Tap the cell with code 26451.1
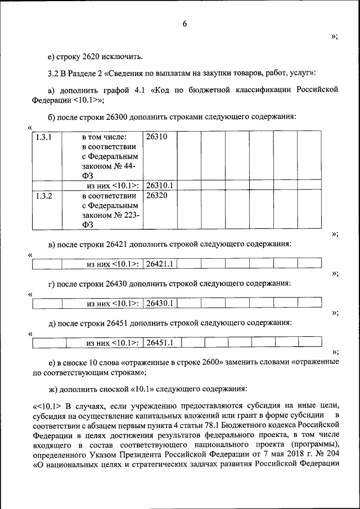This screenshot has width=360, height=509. click(x=160, y=342)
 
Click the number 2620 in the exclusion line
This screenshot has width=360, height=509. click(x=92, y=56)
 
